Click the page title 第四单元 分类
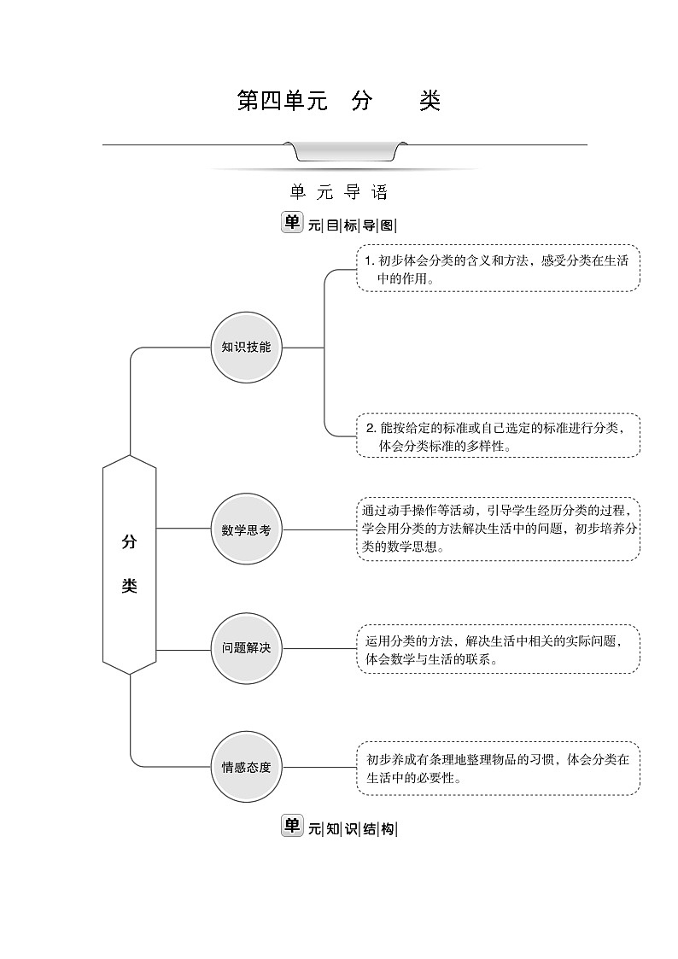pos(338,102)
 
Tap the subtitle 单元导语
pos(338,192)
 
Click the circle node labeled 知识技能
pos(246,348)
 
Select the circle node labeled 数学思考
pos(246,529)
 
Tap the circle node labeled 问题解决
pos(246,648)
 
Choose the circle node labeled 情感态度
pos(246,767)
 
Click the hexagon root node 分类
pos(129,564)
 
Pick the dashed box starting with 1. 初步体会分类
pos(498,268)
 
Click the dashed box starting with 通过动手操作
pos(498,529)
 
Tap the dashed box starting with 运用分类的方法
pos(498,649)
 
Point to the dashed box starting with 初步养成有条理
pos(498,768)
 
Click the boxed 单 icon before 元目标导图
pos(292,222)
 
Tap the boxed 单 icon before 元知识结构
pos(292,826)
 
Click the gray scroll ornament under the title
pos(345,151)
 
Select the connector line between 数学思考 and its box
pos(319,529)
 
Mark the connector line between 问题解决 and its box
pos(319,648)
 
